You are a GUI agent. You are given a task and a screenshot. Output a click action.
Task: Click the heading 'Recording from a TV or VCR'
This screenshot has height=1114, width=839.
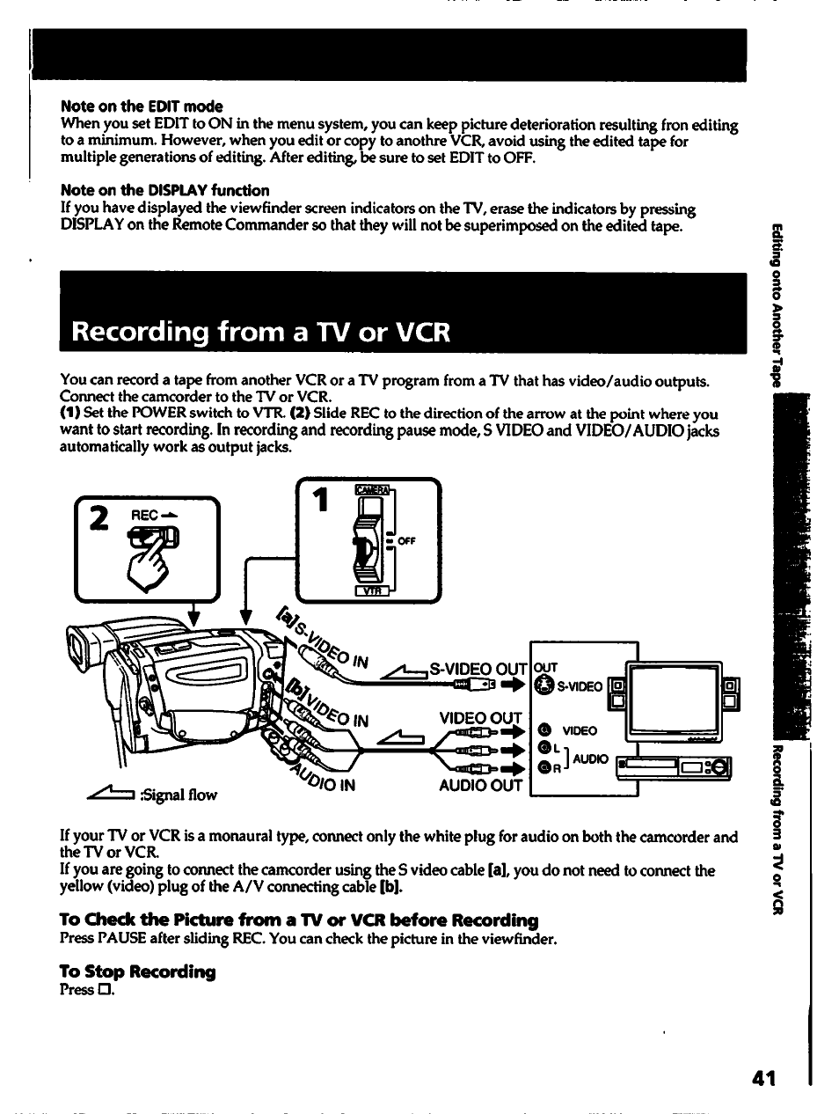click(x=260, y=332)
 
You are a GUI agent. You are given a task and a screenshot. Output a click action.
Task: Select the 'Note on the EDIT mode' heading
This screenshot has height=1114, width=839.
click(x=142, y=106)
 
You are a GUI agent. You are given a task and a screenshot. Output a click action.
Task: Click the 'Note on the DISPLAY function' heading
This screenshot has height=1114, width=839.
click(x=164, y=190)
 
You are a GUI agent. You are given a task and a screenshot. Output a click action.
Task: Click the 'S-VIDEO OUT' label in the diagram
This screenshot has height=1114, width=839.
click(x=478, y=669)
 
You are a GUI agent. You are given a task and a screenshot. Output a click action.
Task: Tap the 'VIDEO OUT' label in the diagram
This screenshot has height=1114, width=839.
click(x=480, y=718)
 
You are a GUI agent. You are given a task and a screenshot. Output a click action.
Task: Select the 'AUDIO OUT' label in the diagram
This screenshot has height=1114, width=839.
click(x=480, y=785)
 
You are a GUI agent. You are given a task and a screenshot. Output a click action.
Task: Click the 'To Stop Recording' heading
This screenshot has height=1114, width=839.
click(x=137, y=971)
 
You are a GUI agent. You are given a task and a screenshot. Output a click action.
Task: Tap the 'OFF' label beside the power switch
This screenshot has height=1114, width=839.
click(x=406, y=541)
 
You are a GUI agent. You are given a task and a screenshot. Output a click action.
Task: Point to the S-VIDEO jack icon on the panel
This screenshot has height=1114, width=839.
click(x=544, y=685)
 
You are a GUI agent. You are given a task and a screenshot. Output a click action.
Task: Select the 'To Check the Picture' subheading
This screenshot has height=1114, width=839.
click(x=298, y=920)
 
